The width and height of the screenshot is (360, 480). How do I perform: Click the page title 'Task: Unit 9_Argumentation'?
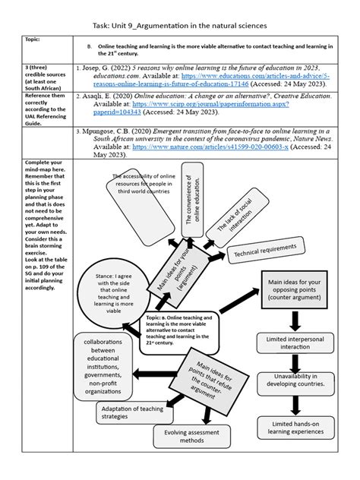point(179,25)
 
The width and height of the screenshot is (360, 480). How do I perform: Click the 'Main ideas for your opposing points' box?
point(293,291)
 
